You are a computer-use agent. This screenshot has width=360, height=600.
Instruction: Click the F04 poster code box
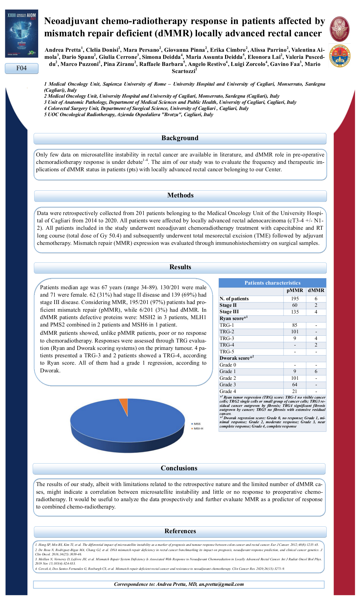click(x=22, y=68)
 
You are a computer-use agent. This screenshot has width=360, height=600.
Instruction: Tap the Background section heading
click(x=180, y=138)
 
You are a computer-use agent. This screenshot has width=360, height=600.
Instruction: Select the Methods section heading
click(x=180, y=195)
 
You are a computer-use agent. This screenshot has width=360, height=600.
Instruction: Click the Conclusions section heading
click(x=179, y=468)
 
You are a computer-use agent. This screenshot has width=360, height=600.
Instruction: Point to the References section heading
click(x=180, y=531)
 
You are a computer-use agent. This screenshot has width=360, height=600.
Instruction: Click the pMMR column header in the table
click(x=295, y=290)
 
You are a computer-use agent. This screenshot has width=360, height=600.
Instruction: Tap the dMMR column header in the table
click(x=316, y=290)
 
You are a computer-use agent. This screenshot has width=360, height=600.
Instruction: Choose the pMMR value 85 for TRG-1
click(x=295, y=325)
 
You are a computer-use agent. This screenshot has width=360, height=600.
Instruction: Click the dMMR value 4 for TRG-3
click(x=316, y=339)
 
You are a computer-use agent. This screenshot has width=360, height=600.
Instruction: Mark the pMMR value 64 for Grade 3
click(x=295, y=385)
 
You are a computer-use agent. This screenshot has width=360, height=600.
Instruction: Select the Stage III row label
click(x=229, y=312)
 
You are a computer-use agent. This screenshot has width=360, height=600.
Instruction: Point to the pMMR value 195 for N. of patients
click(x=295, y=299)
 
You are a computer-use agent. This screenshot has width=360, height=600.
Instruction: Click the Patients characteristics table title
click(x=272, y=283)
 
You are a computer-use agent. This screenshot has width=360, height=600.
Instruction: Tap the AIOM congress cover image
click(x=22, y=33)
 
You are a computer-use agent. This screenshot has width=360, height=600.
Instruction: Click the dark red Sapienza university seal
click(x=339, y=29)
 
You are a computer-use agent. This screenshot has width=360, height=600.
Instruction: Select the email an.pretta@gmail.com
click(x=221, y=584)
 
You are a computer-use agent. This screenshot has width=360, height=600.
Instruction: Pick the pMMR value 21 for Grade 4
click(x=295, y=391)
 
